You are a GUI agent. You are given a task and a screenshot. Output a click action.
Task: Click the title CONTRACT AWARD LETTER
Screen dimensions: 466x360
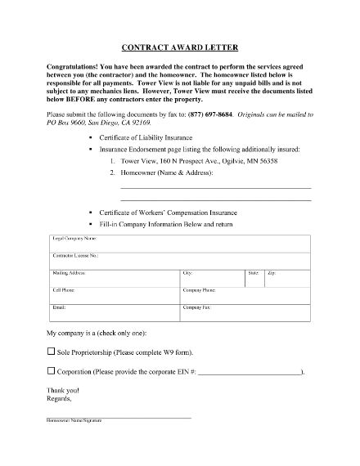coord(180,48)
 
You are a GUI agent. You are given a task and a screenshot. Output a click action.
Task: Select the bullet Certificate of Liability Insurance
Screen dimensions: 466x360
coord(146,138)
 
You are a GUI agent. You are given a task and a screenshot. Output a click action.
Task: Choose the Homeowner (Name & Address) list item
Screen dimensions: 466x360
coord(169,174)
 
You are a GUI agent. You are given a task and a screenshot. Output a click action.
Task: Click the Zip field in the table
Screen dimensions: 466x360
coord(287,278)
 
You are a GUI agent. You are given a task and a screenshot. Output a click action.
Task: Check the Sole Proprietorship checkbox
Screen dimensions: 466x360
coord(52,352)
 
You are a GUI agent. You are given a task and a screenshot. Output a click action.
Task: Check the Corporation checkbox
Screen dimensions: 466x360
coord(52,371)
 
